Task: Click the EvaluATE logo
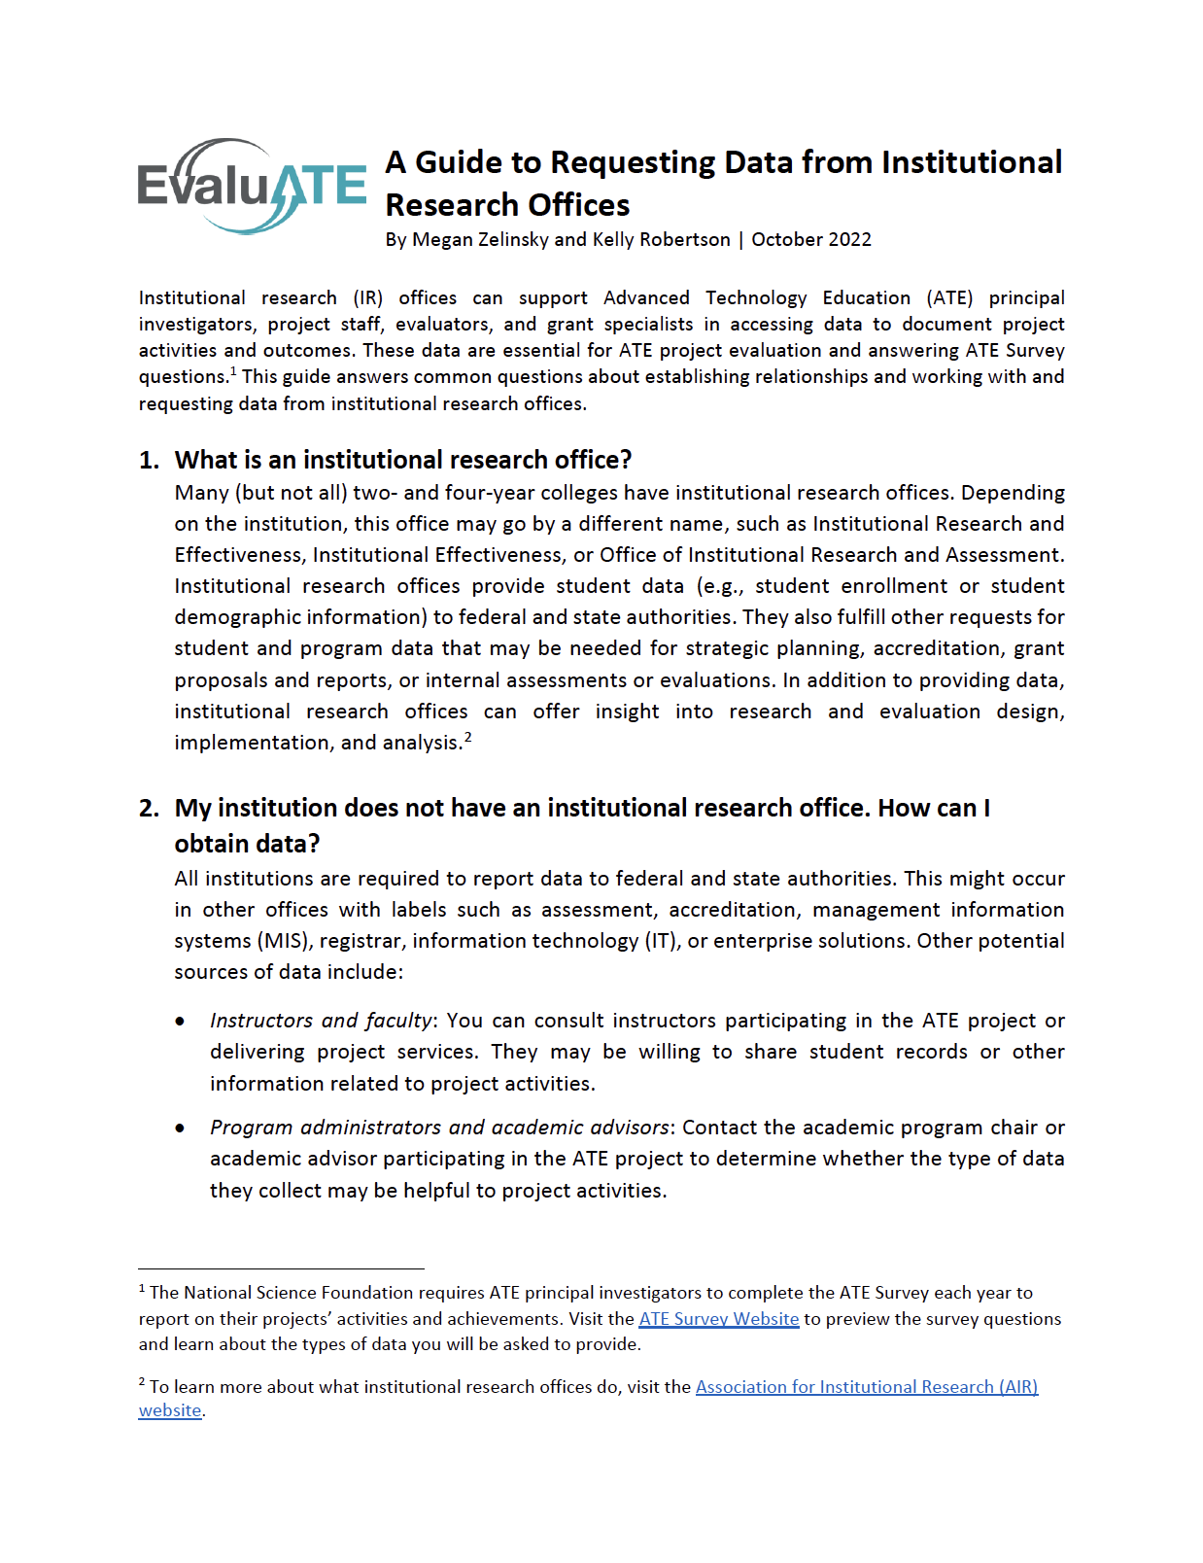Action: pos(252,186)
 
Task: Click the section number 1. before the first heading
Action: pos(149,461)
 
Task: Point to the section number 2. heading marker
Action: pos(149,809)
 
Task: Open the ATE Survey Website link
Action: pos(718,1319)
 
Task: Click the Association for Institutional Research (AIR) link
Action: pos(866,1387)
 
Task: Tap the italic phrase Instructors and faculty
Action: pos(321,1021)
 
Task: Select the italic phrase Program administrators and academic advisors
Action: pos(439,1128)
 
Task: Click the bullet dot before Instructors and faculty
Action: pos(181,1022)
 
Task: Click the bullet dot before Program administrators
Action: pos(181,1129)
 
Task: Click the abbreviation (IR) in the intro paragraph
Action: pos(367,298)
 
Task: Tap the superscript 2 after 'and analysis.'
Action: pos(467,737)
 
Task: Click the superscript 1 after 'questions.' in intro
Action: pos(233,370)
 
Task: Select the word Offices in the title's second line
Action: pos(579,205)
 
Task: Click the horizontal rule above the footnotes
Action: pos(281,1268)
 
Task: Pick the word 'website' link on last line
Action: pos(169,1410)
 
